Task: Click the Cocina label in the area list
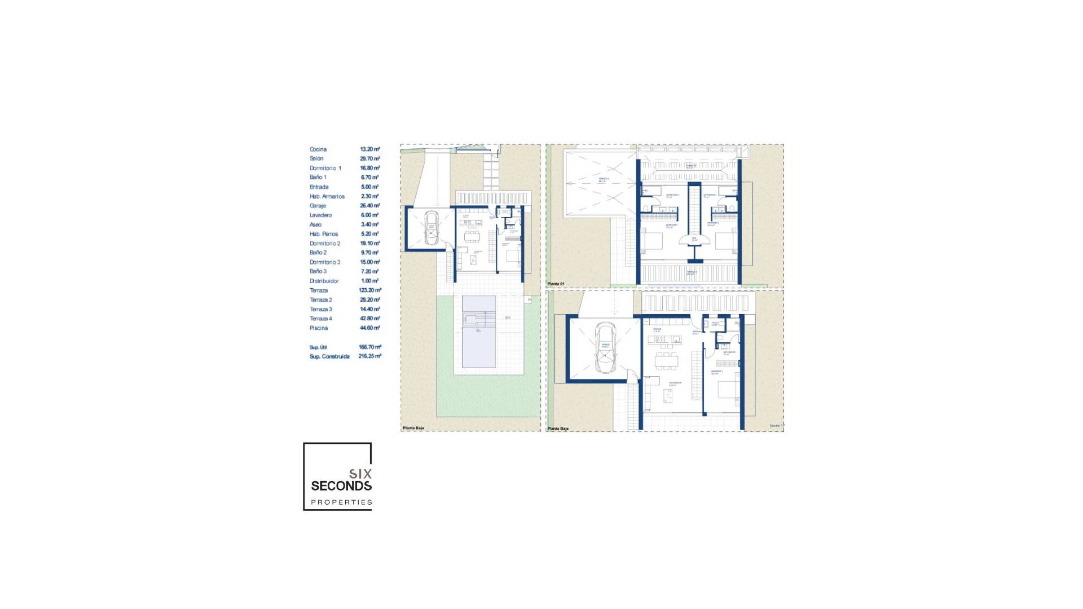point(318,149)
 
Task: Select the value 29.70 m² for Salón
point(370,159)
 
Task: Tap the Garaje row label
point(318,206)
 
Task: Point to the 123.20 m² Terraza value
point(370,290)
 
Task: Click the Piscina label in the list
point(319,328)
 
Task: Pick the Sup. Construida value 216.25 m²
point(370,356)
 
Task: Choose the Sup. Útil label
point(318,347)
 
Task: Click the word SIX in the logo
point(360,474)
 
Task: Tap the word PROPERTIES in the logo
point(342,502)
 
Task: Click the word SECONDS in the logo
point(341,486)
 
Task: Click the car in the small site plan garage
point(431,228)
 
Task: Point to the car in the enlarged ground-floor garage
point(605,348)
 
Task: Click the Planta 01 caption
point(556,284)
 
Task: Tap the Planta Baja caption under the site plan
point(413,428)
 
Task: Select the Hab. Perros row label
point(324,234)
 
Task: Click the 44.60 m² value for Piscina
point(370,328)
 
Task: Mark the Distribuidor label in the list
point(324,281)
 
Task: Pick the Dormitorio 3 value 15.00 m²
point(370,262)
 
